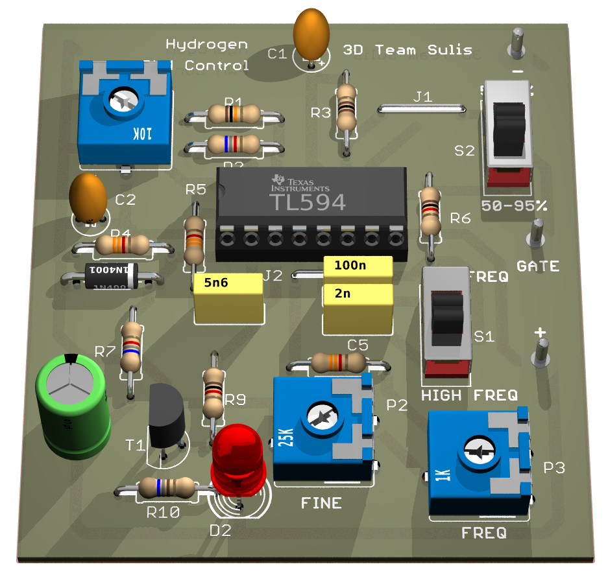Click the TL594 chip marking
point(308,202)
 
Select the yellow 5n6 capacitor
point(228,296)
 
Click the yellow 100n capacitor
point(358,266)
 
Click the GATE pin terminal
point(537,233)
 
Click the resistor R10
point(165,487)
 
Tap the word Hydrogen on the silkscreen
point(206,45)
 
